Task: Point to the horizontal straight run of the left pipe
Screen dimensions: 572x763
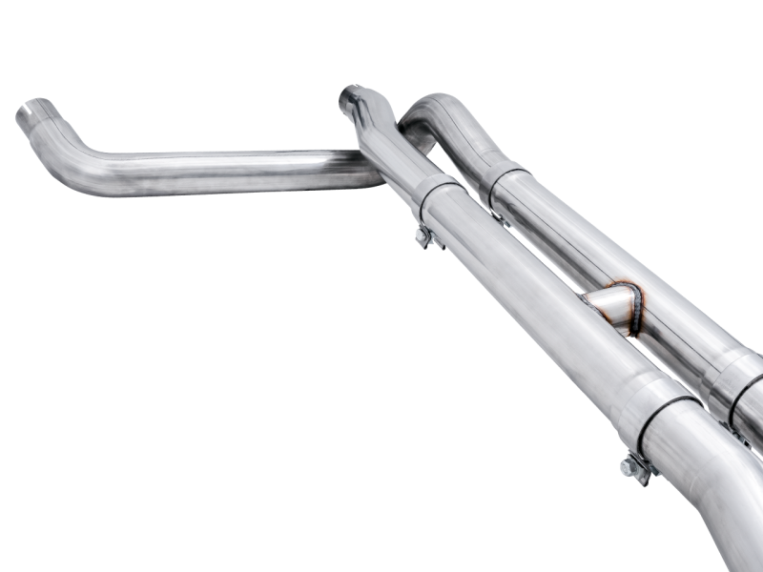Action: tap(238, 171)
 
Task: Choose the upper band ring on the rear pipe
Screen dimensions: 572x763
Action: tap(508, 184)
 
